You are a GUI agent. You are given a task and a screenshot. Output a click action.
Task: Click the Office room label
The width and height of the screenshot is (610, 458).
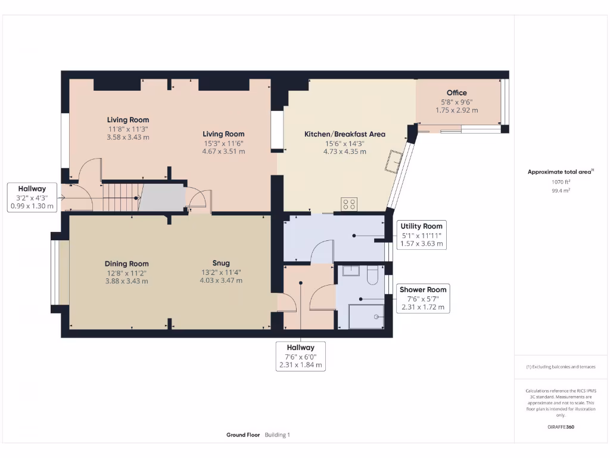pyautogui.click(x=457, y=92)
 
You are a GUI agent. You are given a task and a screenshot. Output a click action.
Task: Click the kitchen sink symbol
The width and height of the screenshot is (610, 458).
pyautogui.click(x=394, y=161)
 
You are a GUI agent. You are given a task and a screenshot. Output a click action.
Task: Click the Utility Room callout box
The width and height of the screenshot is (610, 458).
pyautogui.click(x=421, y=235)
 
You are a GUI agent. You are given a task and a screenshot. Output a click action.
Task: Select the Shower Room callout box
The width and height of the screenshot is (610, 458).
pyautogui.click(x=423, y=298)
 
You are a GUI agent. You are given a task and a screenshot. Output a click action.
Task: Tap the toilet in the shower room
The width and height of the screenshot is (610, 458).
pyautogui.click(x=372, y=274)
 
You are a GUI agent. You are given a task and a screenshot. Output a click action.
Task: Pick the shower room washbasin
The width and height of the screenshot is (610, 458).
pyautogui.click(x=350, y=271)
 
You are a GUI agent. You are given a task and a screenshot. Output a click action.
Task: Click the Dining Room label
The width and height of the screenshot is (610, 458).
pyautogui.click(x=127, y=264)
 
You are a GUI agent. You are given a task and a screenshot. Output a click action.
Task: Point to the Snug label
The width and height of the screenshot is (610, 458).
pyautogui.click(x=221, y=263)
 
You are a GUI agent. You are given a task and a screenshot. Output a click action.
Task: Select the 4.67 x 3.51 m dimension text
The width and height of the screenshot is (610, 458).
pyautogui.click(x=223, y=151)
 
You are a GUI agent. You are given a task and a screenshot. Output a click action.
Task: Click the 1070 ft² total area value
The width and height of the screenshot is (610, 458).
pyautogui.click(x=560, y=181)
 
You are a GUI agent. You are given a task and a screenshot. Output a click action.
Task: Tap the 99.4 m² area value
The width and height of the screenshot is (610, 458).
pyautogui.click(x=560, y=190)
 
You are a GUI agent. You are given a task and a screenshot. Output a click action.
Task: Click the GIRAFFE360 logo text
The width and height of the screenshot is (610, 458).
pyautogui.click(x=561, y=427)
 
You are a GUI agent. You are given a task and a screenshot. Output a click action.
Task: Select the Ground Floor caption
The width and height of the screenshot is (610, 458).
pyautogui.click(x=243, y=435)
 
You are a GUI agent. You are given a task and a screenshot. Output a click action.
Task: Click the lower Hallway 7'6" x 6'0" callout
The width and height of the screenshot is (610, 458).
pyautogui.click(x=301, y=356)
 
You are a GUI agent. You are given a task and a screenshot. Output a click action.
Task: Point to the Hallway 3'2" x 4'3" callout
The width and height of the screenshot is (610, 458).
pyautogui.click(x=32, y=197)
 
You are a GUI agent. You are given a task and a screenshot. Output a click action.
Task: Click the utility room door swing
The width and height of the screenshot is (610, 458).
pyautogui.click(x=322, y=250)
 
